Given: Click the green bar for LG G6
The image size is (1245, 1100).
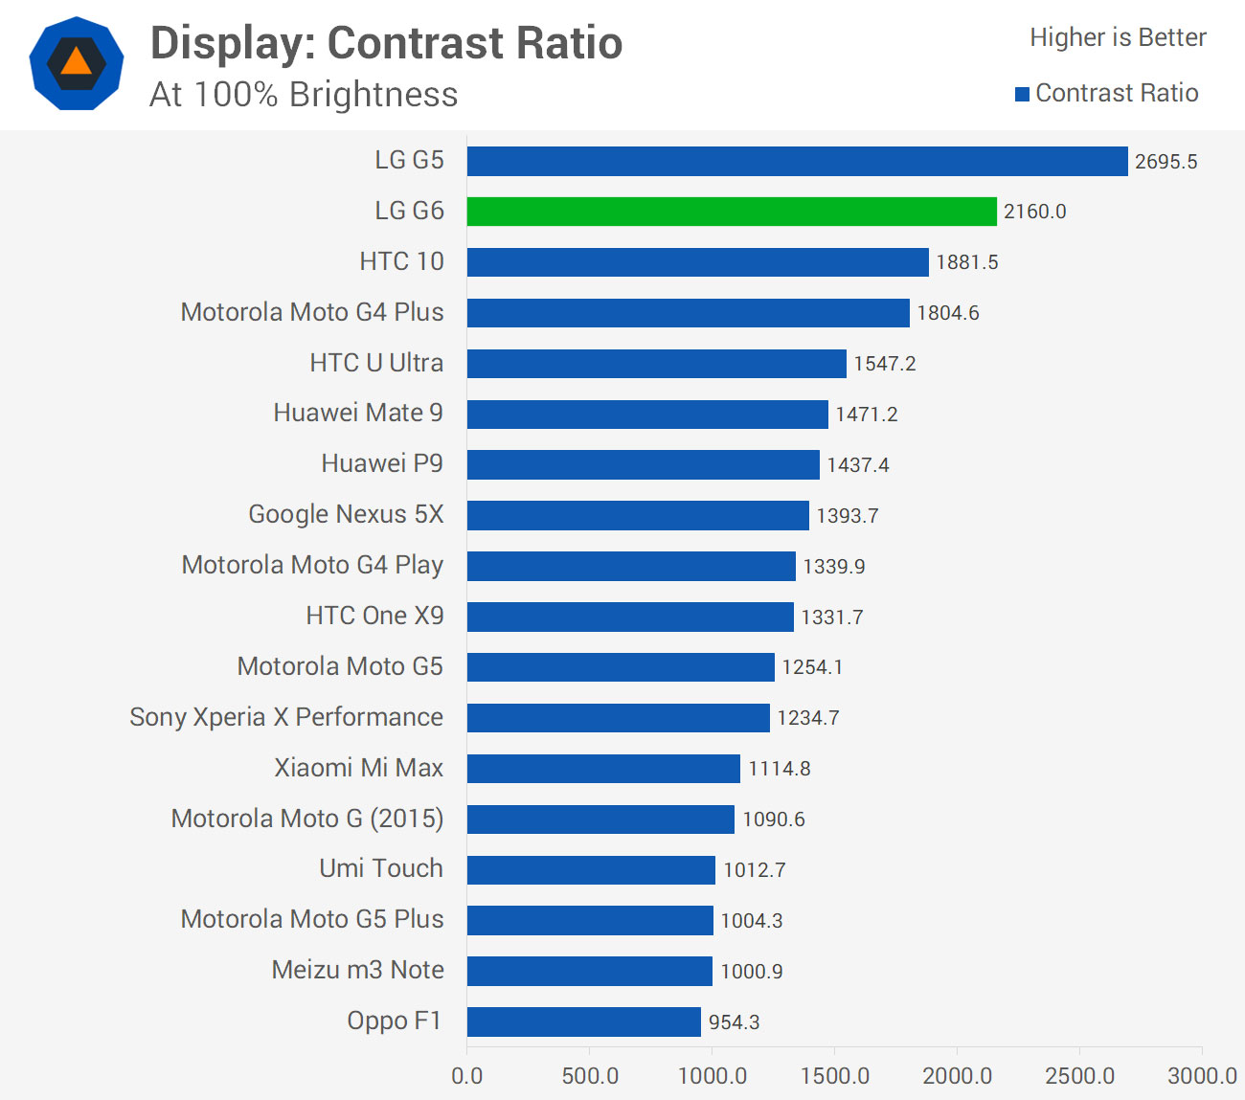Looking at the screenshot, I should pyautogui.click(x=732, y=212).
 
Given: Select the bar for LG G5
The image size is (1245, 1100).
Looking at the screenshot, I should pyautogui.click(x=797, y=161).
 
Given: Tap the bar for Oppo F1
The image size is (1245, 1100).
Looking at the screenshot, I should pyautogui.click(x=583, y=1021).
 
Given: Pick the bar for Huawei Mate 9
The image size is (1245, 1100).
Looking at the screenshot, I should pyautogui.click(x=647, y=414).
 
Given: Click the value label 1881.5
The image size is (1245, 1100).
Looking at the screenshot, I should pyautogui.click(x=966, y=262).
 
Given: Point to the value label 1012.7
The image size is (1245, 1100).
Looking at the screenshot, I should pyautogui.click(x=754, y=870).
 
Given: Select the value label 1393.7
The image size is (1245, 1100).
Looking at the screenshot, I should pyautogui.click(x=847, y=516).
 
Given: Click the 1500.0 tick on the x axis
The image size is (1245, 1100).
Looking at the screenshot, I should pyautogui.click(x=834, y=1076).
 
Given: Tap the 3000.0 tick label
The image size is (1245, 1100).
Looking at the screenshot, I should pyautogui.click(x=1202, y=1076).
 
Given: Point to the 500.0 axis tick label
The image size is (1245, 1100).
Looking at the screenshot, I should pyautogui.click(x=590, y=1076).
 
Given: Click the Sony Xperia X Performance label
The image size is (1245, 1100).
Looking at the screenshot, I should pyautogui.click(x=286, y=717).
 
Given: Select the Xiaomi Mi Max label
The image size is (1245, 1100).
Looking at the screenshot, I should pyautogui.click(x=358, y=768).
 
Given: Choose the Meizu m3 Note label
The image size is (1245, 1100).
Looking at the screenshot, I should pyautogui.click(x=357, y=970).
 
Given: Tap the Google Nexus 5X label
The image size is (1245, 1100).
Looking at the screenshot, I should pyautogui.click(x=346, y=514).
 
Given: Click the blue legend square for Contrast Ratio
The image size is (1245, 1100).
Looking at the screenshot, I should pyautogui.click(x=1022, y=94).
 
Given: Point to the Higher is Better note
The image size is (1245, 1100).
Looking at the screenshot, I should pyautogui.click(x=1118, y=37).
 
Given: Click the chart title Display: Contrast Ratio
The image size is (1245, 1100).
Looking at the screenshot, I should pyautogui.click(x=386, y=43).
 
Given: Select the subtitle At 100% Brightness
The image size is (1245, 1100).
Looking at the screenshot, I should pyautogui.click(x=304, y=95).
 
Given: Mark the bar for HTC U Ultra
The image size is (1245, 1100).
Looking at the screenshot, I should pyautogui.click(x=656, y=363).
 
